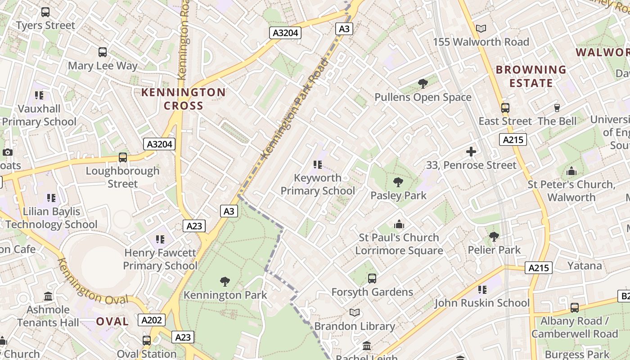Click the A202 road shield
click(151, 320)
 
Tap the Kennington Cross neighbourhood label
click(183, 99)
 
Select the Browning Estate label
click(531, 76)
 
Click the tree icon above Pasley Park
click(398, 182)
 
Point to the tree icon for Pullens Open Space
click(423, 83)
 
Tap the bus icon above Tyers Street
click(45, 12)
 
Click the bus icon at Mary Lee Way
click(103, 52)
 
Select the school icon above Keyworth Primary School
click(318, 165)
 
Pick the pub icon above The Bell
click(557, 108)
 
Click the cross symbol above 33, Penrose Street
click(471, 152)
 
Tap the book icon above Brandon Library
click(355, 312)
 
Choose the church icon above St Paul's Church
click(399, 224)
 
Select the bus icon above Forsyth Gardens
click(372, 279)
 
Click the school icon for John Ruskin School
click(482, 290)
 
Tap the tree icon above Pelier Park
click(494, 236)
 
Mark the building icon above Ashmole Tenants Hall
click(48, 296)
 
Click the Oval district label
click(112, 322)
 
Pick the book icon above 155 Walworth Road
click(481, 29)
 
